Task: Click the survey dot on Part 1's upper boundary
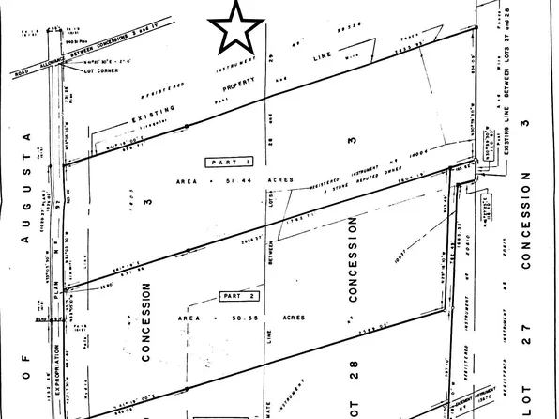click(x=188, y=125)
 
